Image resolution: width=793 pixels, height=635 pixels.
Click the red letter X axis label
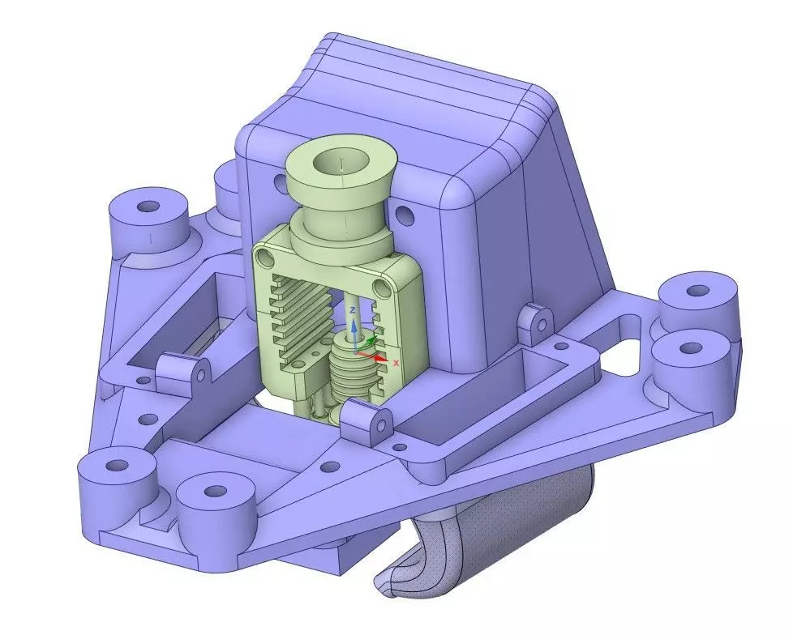point(396,364)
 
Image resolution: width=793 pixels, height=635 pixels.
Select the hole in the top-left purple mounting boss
point(148,207)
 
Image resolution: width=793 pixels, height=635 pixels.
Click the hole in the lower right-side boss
point(690,348)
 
